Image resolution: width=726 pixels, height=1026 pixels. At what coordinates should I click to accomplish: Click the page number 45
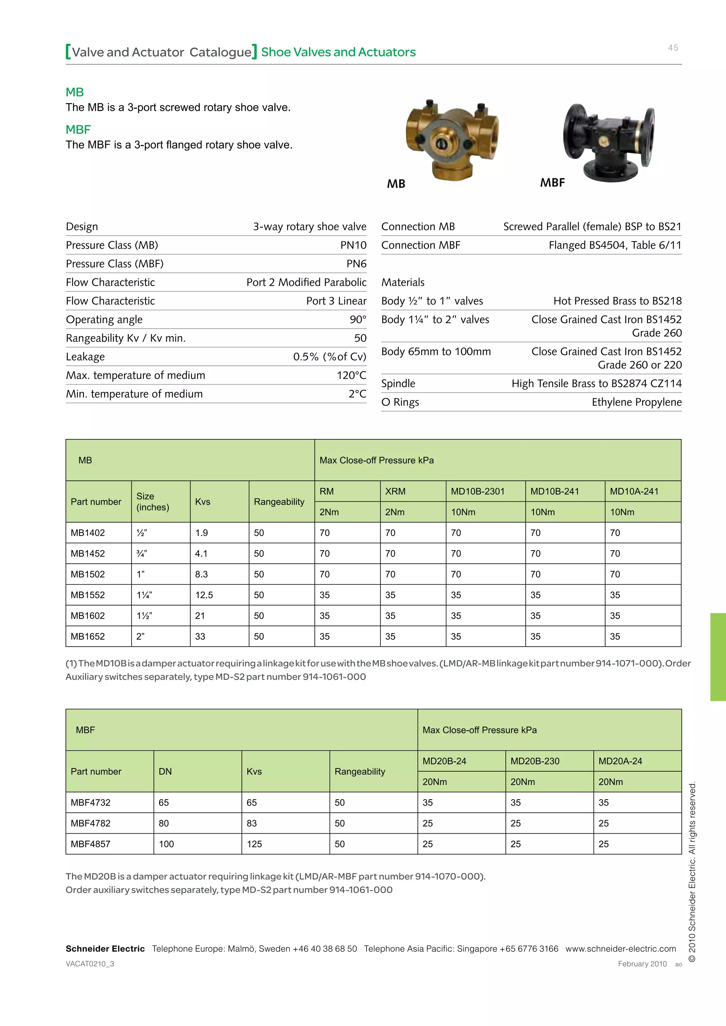point(673,48)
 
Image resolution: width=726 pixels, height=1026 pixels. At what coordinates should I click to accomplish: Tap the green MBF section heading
point(78,130)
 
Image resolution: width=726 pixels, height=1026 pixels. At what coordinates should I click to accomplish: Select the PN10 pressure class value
point(353,245)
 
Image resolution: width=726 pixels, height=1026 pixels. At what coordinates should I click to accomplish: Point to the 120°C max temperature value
point(351,376)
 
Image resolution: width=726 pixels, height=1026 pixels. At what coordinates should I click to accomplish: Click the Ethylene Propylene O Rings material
point(637,402)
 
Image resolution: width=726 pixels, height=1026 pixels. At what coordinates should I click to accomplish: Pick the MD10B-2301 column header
point(478,491)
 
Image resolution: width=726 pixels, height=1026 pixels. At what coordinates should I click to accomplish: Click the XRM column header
point(395,491)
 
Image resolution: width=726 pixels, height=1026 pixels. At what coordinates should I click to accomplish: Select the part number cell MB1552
point(88,595)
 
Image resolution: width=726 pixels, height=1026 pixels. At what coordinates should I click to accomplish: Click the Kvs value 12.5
point(204,595)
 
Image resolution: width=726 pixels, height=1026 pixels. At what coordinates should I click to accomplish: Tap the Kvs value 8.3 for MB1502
point(201,574)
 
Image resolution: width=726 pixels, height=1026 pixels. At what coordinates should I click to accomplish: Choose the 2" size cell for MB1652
point(140,637)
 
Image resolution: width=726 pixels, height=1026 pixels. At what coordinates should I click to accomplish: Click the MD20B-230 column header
point(535,761)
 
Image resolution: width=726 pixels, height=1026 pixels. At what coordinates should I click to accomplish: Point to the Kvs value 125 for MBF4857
point(255,844)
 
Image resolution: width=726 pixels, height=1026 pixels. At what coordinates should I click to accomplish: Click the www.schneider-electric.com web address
point(620,949)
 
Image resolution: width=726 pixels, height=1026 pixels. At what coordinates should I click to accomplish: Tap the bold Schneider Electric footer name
point(105,949)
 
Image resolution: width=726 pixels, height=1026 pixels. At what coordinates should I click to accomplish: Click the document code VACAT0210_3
point(90,964)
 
